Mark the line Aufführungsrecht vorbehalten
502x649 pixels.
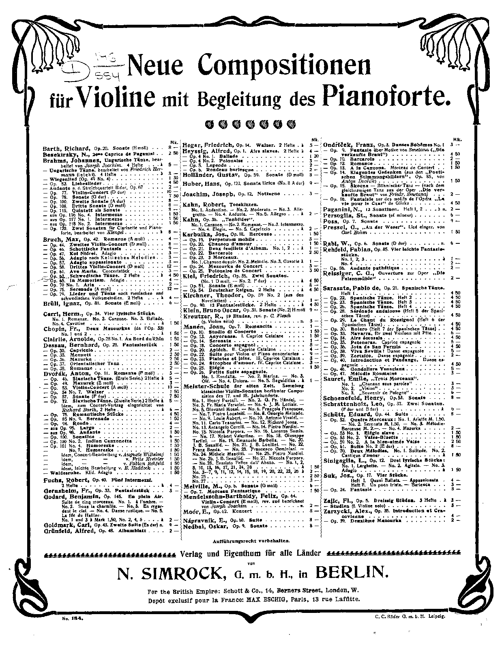pos(251,541)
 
